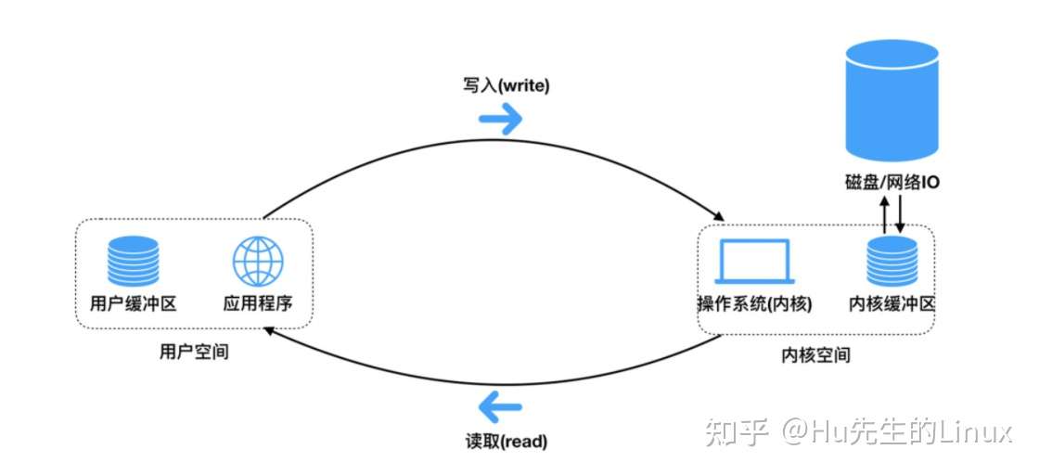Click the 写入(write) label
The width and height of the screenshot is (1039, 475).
coord(506,86)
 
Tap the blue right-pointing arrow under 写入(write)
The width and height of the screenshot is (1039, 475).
coord(501,118)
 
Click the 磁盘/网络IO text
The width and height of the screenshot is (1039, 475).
coord(892,184)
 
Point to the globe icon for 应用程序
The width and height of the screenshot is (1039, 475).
coord(257,261)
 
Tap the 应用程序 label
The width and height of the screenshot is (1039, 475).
coord(258,303)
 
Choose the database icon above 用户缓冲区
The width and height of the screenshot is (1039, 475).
coord(133,261)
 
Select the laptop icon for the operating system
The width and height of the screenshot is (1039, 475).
coord(753,263)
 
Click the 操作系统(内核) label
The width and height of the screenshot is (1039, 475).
coord(754,303)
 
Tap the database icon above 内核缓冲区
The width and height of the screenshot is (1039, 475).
coord(891,261)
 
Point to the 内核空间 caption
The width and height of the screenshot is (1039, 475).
coord(815,355)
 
